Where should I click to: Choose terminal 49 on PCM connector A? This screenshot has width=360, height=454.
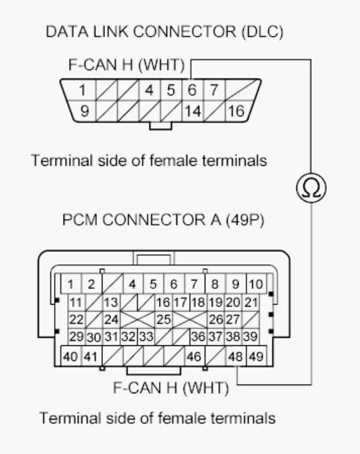[x=255, y=357]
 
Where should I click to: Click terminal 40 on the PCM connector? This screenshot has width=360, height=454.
[x=71, y=357]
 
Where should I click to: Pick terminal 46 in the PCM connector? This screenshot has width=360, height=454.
[x=193, y=357]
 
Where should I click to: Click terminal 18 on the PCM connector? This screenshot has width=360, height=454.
[x=199, y=301]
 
